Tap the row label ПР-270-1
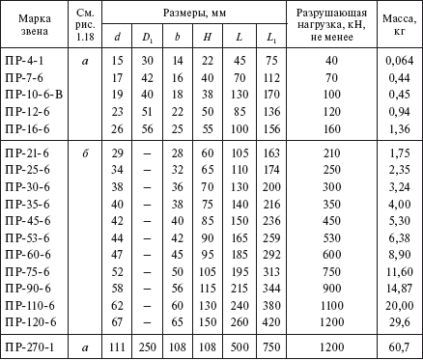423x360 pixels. tap(29, 345)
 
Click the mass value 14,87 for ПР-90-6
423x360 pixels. tap(399, 287)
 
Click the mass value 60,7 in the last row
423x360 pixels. tap(399, 345)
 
